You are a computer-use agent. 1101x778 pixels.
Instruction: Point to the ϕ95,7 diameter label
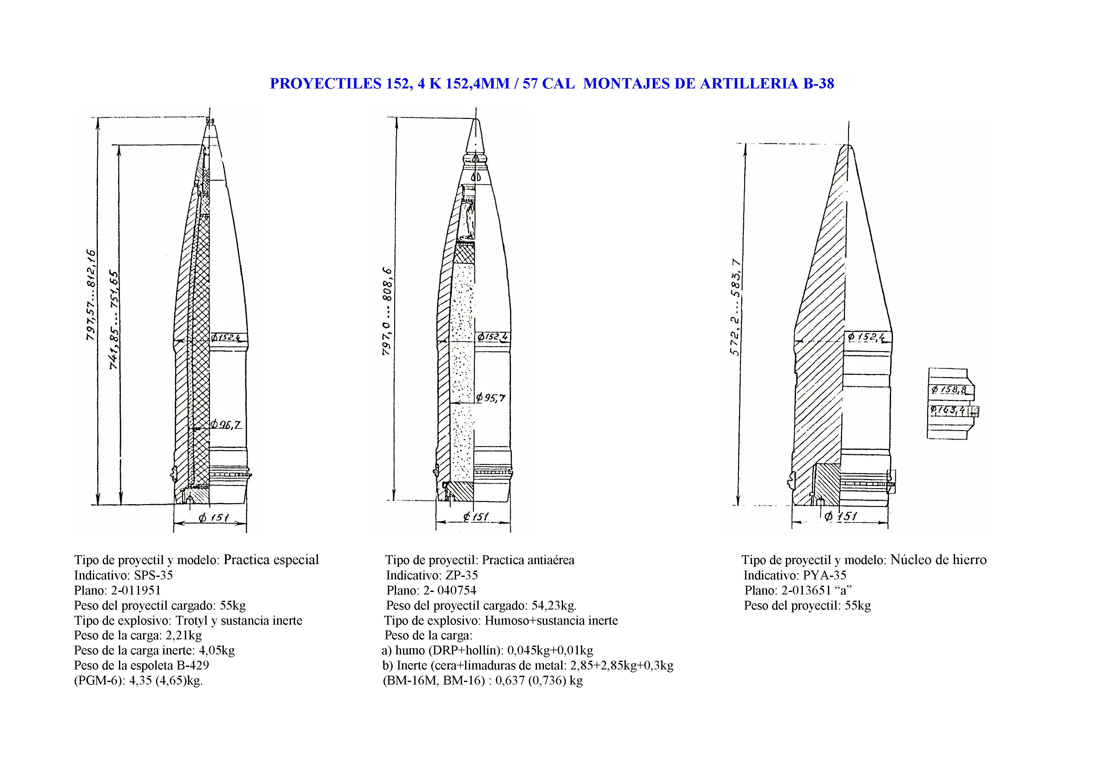(491, 397)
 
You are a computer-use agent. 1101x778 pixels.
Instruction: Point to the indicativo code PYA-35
(824, 575)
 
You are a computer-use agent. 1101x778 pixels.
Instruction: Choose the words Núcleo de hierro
(938, 560)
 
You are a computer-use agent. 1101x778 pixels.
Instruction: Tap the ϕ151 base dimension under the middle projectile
(476, 517)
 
